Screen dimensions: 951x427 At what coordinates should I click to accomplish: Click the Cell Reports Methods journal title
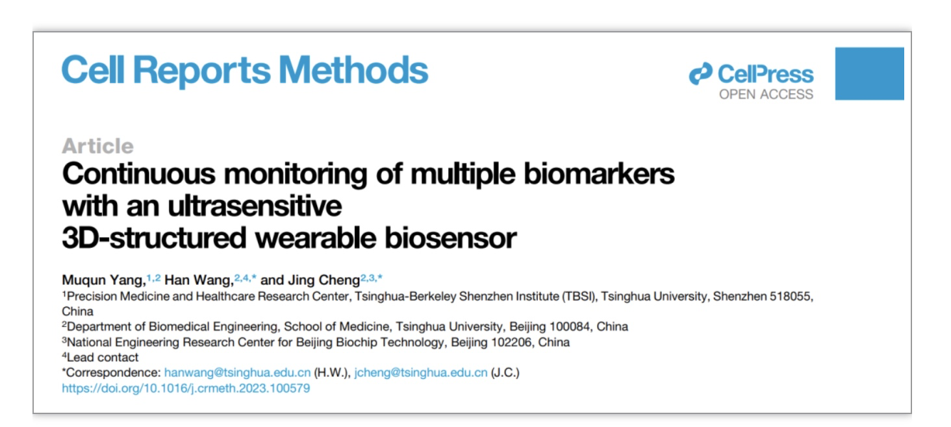point(245,70)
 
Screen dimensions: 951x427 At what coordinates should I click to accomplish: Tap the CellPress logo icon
point(700,73)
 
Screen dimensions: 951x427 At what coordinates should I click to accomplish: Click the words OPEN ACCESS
point(767,94)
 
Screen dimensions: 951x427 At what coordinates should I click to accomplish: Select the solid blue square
point(870,73)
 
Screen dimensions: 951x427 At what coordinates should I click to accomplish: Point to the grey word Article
point(97,146)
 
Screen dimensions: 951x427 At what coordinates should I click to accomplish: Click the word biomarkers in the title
point(599,175)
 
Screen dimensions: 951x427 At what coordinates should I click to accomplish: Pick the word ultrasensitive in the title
point(255,206)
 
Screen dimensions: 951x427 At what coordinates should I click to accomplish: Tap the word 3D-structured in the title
point(154,238)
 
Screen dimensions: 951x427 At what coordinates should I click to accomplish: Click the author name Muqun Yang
point(103,280)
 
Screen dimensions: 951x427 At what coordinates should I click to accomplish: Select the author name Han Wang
point(199,280)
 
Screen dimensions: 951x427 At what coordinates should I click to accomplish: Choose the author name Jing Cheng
point(324,280)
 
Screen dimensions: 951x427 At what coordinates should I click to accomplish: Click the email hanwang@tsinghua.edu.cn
point(237,372)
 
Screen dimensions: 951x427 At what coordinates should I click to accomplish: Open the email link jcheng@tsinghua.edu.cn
point(421,372)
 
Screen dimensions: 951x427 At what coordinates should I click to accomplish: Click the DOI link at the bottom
point(186,389)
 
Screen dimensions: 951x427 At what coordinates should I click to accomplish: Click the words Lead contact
point(103,358)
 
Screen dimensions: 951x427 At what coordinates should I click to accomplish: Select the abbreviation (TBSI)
point(580,297)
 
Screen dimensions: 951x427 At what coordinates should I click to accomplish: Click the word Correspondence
point(113,372)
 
